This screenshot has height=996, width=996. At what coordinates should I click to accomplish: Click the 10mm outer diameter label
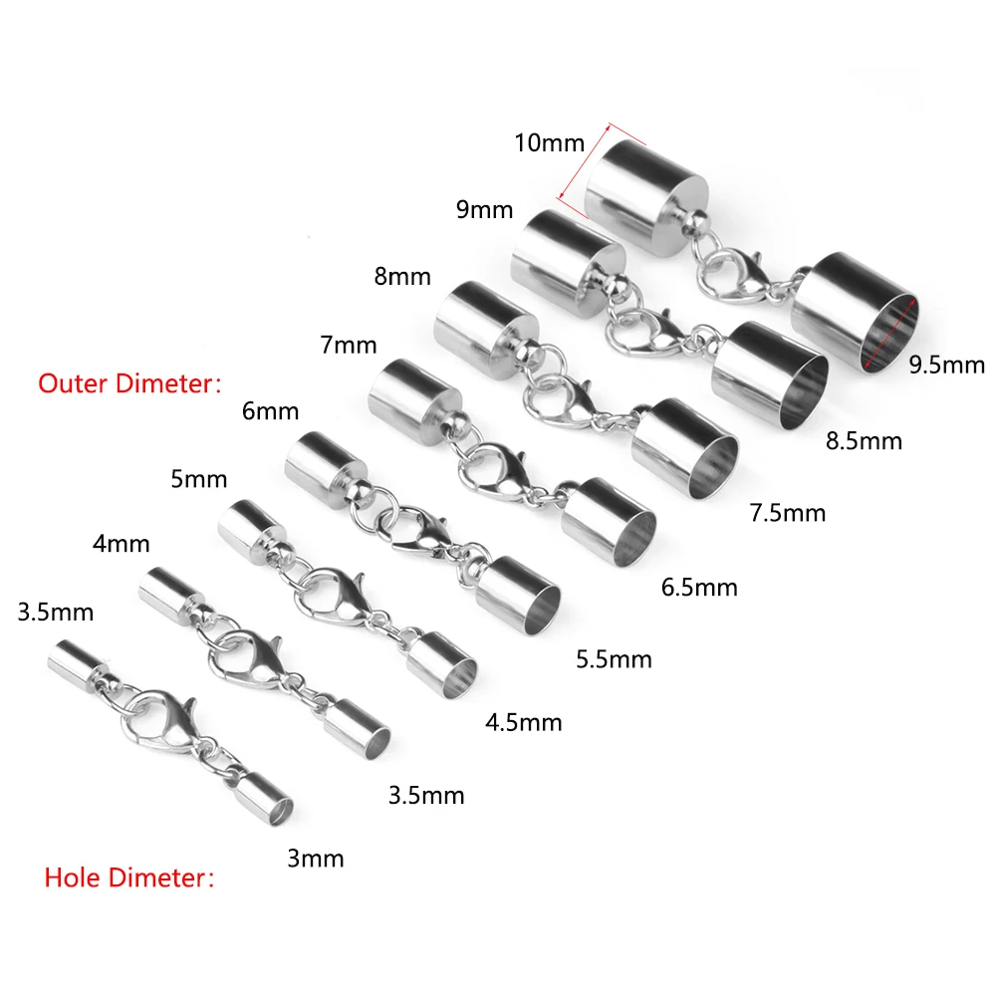point(549,142)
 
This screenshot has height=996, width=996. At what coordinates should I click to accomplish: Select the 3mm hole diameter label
point(315,858)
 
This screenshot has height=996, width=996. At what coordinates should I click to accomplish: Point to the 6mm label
point(270,411)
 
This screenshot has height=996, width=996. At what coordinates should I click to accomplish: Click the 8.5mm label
point(865,439)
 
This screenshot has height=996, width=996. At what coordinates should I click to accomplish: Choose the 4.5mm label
point(523,722)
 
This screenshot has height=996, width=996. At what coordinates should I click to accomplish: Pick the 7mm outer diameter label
point(349,346)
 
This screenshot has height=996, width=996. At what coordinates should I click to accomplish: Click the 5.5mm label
point(614,658)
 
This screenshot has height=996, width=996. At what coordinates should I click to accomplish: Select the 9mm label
point(484,210)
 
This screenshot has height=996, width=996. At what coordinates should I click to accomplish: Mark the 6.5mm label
point(699,588)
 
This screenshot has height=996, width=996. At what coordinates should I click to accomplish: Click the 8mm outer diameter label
point(403,275)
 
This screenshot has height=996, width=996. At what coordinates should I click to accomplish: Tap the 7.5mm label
point(788,513)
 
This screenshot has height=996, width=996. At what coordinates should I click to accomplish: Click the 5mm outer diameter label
point(198,479)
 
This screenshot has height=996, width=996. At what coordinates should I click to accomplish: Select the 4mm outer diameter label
point(121,544)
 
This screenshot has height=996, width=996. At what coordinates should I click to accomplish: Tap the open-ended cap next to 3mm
point(263,799)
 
